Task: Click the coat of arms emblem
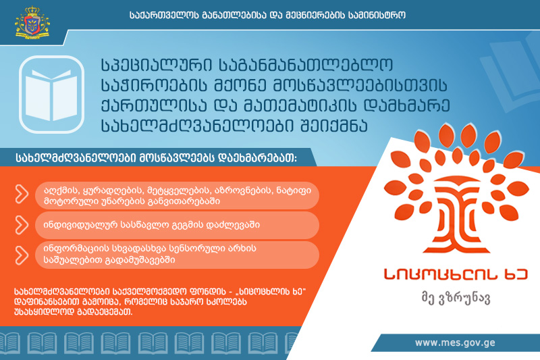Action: click(x=32, y=22)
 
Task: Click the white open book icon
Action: click(x=51, y=95)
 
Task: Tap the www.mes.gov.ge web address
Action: click(x=455, y=342)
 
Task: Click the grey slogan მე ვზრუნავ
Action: click(x=456, y=298)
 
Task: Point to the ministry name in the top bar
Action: click(x=267, y=15)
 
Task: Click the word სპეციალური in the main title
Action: click(x=157, y=66)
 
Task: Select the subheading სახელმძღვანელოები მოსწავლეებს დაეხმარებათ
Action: click(x=157, y=158)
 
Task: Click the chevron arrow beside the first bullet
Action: click(x=22, y=194)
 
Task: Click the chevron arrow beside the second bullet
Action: click(x=22, y=226)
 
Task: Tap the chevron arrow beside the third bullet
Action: click(x=22, y=255)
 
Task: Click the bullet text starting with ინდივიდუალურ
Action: click(x=151, y=226)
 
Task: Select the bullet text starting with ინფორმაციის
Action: click(x=150, y=254)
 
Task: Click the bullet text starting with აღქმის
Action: click(x=178, y=196)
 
